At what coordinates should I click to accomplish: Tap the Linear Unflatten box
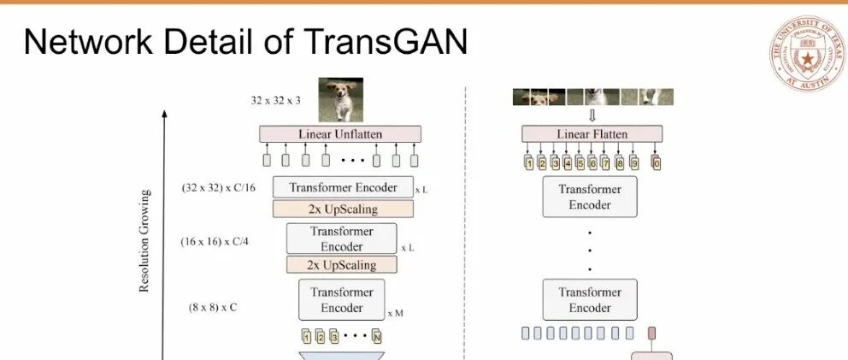(x=340, y=134)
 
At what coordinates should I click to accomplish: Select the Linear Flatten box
(x=592, y=134)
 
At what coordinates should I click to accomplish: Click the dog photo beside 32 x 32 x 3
(x=340, y=99)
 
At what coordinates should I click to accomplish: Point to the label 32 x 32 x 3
(x=275, y=100)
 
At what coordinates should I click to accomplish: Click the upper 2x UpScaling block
(x=343, y=209)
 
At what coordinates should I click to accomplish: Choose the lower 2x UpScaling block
(x=342, y=265)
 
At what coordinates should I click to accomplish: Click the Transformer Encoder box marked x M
(x=341, y=299)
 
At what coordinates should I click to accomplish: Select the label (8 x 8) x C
(x=213, y=306)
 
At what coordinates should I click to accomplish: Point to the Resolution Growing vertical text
(x=144, y=241)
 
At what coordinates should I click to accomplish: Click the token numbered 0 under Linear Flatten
(x=657, y=162)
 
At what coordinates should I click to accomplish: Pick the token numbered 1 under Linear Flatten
(x=529, y=162)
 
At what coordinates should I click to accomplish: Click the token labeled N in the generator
(x=376, y=337)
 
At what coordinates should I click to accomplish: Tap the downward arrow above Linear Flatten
(x=592, y=115)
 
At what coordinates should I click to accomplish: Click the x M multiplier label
(x=394, y=313)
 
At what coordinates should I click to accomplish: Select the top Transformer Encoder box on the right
(x=590, y=197)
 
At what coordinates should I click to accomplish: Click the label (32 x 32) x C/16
(x=218, y=186)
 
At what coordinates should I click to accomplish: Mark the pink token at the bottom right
(x=651, y=333)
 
